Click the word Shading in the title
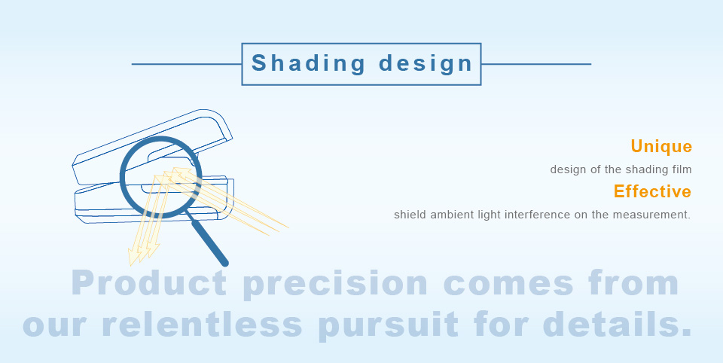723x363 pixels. pyautogui.click(x=309, y=64)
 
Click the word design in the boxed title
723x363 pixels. pyautogui.click(x=426, y=64)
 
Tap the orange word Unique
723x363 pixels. pyautogui.click(x=661, y=146)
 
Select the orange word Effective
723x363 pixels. pyautogui.click(x=652, y=191)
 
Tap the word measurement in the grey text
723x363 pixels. pyautogui.click(x=650, y=215)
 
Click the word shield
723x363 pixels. pyautogui.click(x=410, y=215)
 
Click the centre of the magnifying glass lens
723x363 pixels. pyautogui.click(x=161, y=177)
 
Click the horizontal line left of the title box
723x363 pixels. pyautogui.click(x=187, y=64)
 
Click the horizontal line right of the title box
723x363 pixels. pyautogui.click(x=535, y=64)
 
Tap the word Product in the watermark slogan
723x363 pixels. pyautogui.click(x=149, y=282)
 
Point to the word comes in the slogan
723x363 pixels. pyautogui.click(x=508, y=285)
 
